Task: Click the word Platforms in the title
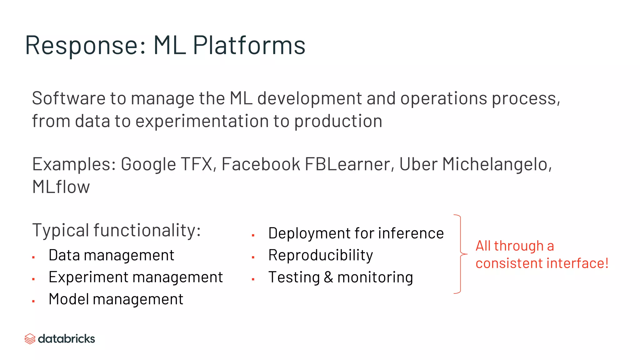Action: tap(249, 46)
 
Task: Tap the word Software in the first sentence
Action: tap(68, 98)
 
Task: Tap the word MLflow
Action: tap(61, 187)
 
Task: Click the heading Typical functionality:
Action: tap(116, 230)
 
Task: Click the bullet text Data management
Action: tap(111, 255)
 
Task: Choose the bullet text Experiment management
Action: tap(136, 277)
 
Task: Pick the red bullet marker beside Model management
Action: tap(33, 301)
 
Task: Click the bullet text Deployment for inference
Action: tap(356, 233)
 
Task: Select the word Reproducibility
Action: tap(321, 255)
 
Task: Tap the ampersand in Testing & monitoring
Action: tap(328, 277)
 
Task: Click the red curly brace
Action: tap(460, 254)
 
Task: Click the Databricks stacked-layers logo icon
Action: tap(30, 339)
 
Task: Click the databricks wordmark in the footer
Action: tap(66, 339)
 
